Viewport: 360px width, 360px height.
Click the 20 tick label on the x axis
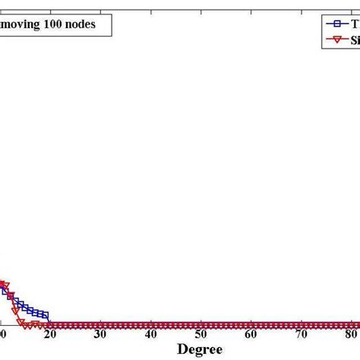coord(51,335)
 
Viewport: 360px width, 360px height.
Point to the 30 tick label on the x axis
coord(100,335)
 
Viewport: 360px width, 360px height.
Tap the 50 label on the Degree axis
coord(201,335)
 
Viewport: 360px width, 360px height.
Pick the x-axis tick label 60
coord(251,335)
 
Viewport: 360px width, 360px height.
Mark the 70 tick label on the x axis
coord(301,335)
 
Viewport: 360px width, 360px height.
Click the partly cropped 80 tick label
coord(351,335)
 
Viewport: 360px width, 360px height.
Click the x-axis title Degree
coord(201,349)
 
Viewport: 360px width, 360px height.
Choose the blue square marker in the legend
coord(332,24)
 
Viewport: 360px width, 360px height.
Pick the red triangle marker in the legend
coord(332,40)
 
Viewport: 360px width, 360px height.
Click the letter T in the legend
coord(353,24)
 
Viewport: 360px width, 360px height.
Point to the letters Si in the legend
coord(355,40)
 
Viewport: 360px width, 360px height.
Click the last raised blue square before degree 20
coord(46,314)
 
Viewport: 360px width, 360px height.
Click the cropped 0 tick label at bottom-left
coord(3,335)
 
